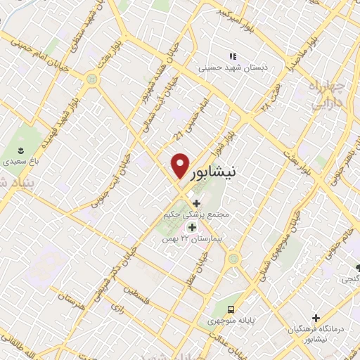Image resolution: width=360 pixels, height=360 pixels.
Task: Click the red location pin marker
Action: tap(180, 165)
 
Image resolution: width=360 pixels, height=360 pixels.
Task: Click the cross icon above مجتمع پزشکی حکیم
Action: tap(196, 203)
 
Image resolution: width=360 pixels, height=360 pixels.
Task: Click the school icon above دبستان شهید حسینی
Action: tap(232, 56)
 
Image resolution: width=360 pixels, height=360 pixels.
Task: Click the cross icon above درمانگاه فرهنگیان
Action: tap(316, 318)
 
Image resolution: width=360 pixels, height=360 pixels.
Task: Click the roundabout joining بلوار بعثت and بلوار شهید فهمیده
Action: tap(91, 79)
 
